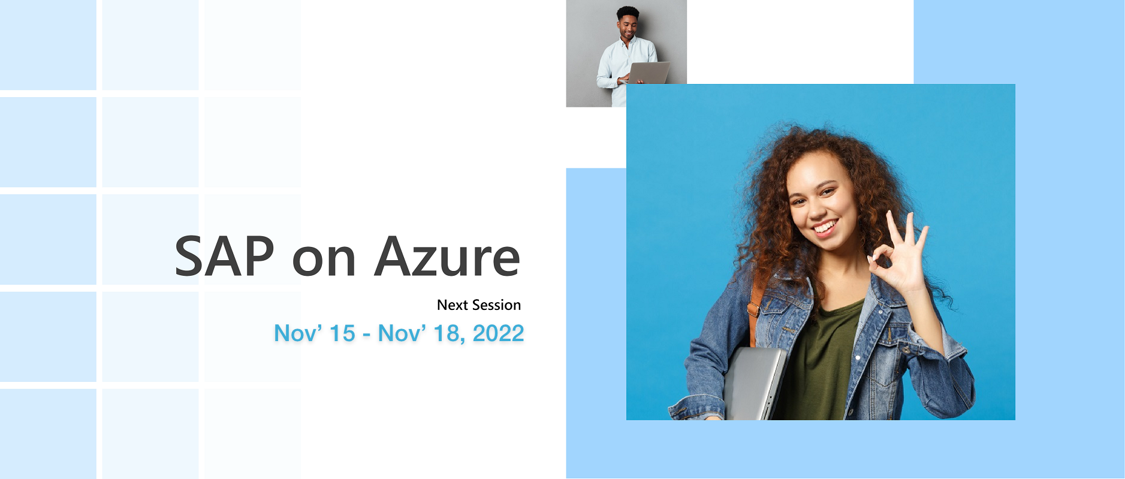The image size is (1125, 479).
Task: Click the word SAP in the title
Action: (225, 257)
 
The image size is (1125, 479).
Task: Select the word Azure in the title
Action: (447, 257)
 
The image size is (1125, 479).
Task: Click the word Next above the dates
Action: (453, 305)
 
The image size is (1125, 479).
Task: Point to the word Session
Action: (496, 305)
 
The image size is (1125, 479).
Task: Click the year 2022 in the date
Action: (498, 333)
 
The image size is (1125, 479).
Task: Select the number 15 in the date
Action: (342, 333)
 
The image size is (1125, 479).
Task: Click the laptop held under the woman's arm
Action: (754, 384)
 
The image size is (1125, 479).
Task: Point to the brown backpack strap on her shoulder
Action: (756, 300)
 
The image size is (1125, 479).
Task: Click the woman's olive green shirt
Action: (824, 360)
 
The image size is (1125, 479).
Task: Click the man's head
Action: (628, 23)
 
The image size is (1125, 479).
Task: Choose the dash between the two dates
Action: (366, 335)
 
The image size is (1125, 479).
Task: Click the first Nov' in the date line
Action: (298, 333)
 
